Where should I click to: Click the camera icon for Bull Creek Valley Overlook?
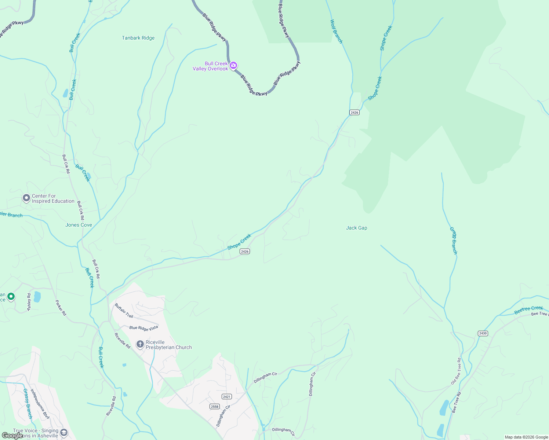click(233, 66)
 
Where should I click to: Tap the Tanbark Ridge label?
click(138, 38)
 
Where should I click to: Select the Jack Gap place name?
click(356, 228)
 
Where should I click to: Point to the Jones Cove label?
click(79, 225)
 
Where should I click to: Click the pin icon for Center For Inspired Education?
click(26, 198)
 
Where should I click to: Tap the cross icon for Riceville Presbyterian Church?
click(140, 344)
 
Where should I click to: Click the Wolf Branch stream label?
click(336, 32)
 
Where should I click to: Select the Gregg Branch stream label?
click(454, 241)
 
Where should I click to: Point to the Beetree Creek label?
click(528, 310)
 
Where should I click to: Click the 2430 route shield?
click(483, 333)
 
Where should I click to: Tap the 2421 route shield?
click(227, 397)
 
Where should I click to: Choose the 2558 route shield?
click(215, 406)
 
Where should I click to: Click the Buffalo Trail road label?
click(124, 311)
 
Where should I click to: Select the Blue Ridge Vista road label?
click(143, 327)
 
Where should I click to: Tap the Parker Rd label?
click(61, 308)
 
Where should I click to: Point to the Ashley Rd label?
click(29, 302)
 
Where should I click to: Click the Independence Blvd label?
click(40, 404)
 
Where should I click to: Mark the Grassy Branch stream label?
click(28, 404)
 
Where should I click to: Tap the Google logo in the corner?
click(12, 435)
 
